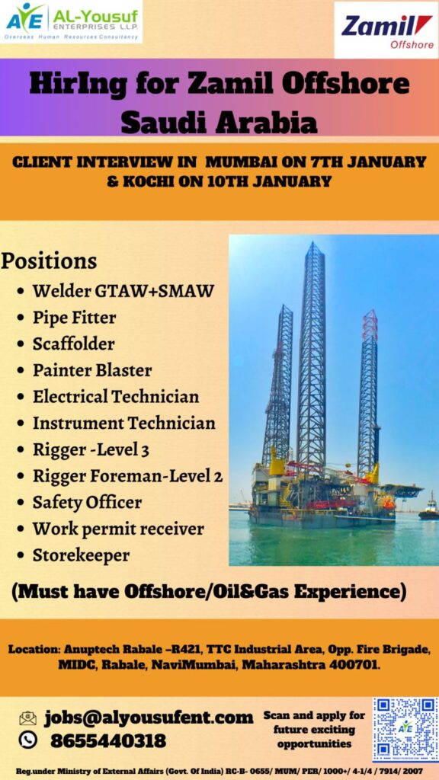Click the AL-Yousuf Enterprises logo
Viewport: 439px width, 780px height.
(x=72, y=22)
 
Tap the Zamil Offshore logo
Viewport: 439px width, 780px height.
(x=386, y=30)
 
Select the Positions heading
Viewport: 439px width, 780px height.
(x=49, y=261)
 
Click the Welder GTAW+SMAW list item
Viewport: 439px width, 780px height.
(x=123, y=290)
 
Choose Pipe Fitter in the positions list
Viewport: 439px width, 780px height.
(x=74, y=317)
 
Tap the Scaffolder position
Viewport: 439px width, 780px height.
(x=74, y=344)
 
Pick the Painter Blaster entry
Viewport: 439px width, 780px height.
(x=92, y=369)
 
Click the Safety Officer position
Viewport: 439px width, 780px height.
(x=87, y=502)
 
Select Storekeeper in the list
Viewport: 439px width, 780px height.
(x=81, y=555)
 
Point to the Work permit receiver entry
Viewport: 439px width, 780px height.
(x=118, y=529)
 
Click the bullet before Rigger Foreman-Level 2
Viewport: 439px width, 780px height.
(x=21, y=477)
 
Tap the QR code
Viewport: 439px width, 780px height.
(x=405, y=729)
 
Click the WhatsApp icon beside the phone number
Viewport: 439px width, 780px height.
(x=27, y=740)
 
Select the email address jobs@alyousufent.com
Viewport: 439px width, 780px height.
(x=149, y=718)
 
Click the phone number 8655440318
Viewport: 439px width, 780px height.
(x=108, y=740)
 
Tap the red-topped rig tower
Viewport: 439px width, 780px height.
(x=369, y=393)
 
